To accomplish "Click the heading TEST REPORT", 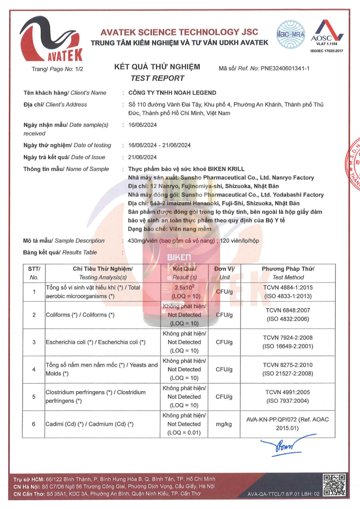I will pyautogui.click(x=157, y=78).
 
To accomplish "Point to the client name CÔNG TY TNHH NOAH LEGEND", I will pyautogui.click(x=173, y=92).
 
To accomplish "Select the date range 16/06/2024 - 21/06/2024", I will pyautogui.click(x=160, y=145).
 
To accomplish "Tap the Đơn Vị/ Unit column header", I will pyautogui.click(x=225, y=273).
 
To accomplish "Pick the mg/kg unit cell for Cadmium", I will pyautogui.click(x=225, y=424).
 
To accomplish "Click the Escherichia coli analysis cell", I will pyautogui.click(x=95, y=342).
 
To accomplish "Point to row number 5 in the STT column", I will pyautogui.click(x=34, y=397).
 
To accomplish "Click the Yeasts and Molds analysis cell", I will pyautogui.click(x=101, y=369).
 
